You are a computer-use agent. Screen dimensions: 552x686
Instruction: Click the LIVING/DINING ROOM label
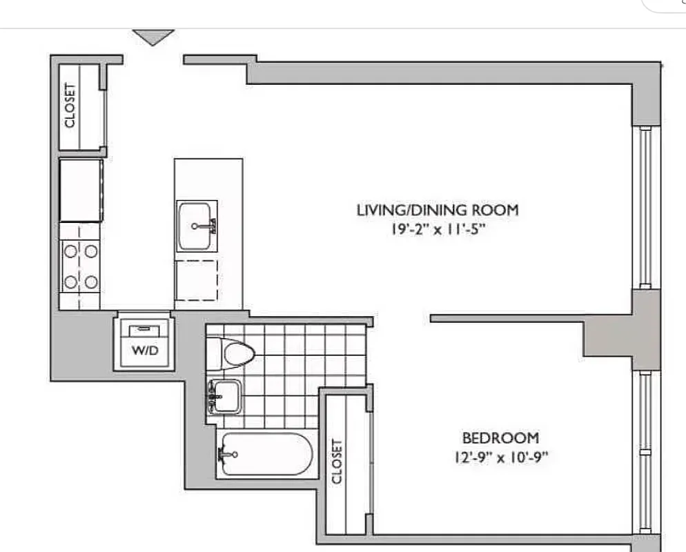point(436,210)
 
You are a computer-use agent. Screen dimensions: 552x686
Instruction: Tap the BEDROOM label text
point(500,437)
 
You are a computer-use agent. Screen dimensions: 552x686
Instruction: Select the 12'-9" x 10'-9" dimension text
point(500,457)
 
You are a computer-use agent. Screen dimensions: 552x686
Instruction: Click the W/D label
point(145,351)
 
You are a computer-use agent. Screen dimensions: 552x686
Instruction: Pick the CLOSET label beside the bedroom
point(337,462)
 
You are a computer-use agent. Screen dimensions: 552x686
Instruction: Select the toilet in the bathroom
point(232,353)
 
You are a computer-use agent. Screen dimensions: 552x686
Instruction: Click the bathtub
point(266,454)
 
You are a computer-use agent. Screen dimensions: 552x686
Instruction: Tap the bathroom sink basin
point(225,396)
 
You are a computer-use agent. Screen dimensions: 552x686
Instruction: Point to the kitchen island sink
point(197,226)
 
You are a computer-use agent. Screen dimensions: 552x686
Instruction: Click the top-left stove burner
point(70,252)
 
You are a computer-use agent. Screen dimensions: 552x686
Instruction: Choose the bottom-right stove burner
point(90,281)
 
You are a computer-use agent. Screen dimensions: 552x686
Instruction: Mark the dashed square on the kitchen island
point(196,279)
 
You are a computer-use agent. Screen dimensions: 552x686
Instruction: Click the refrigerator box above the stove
point(81,190)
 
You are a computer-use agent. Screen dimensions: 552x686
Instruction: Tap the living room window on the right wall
point(645,207)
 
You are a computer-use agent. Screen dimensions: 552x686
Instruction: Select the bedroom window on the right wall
point(645,455)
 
